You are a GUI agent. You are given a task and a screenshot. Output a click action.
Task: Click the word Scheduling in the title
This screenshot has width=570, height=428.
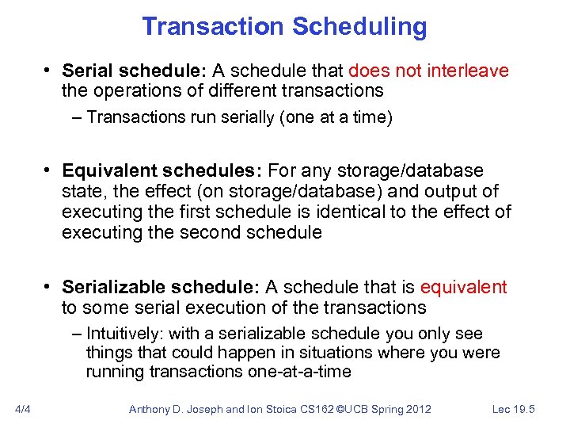[x=359, y=27]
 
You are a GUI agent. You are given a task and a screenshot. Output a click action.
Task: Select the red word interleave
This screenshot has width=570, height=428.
[x=468, y=71]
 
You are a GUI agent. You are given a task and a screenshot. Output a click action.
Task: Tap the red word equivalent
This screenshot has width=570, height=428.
[x=463, y=287]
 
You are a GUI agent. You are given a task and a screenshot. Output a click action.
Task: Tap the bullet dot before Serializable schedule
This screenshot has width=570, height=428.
[x=48, y=287]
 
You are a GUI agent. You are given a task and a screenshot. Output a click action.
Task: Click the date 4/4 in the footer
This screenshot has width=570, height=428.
[x=23, y=409]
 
